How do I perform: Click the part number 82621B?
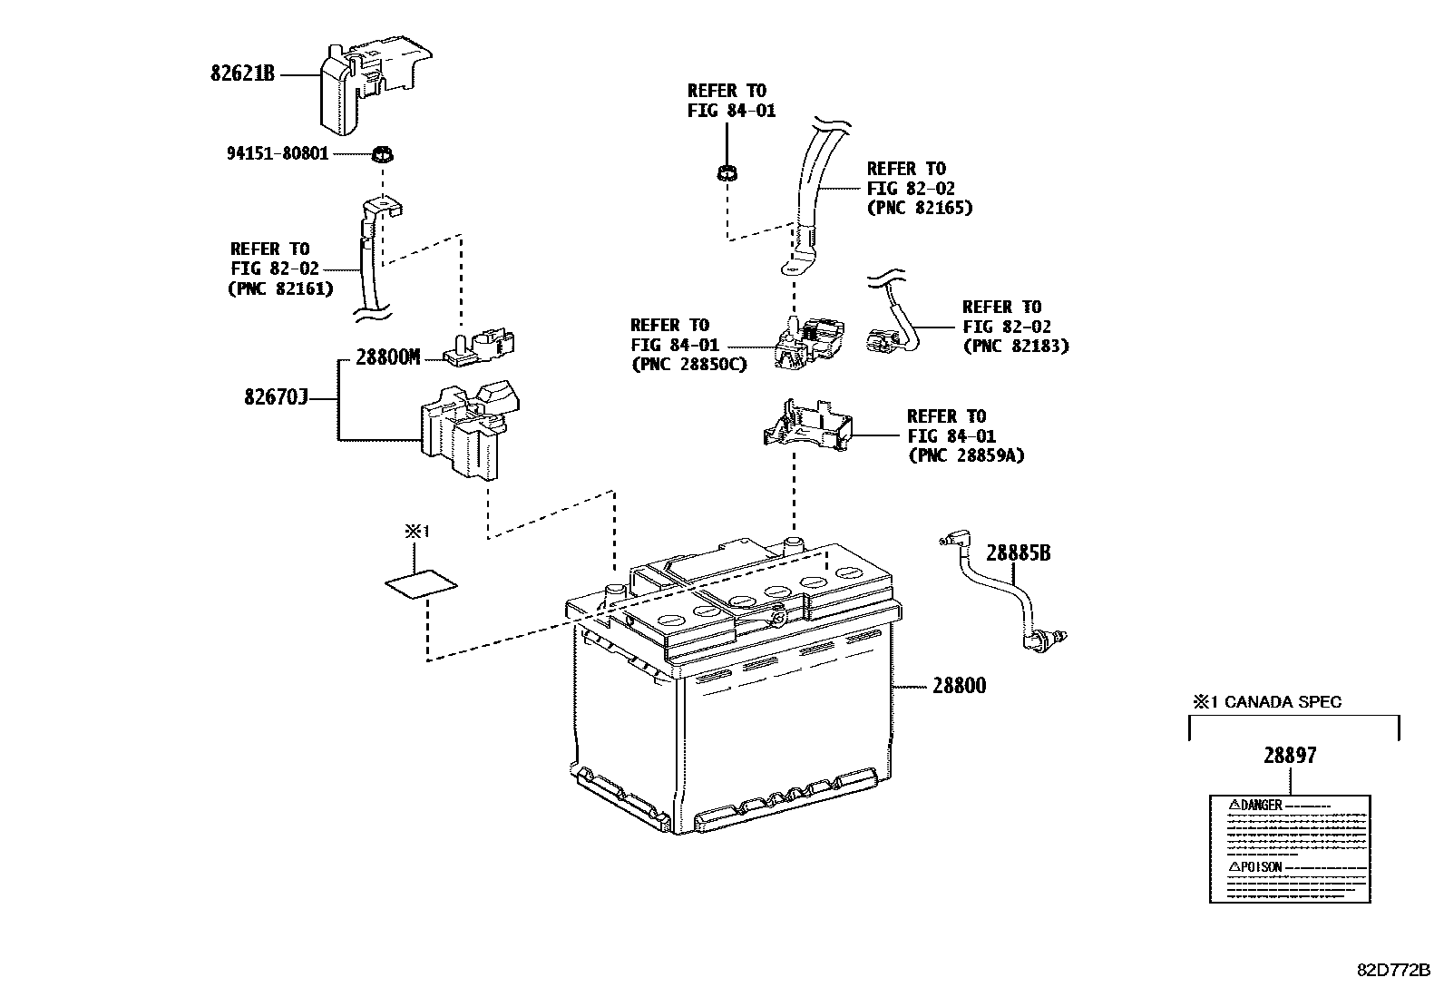click(x=242, y=73)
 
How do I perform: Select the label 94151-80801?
click(x=278, y=154)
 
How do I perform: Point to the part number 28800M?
click(x=387, y=357)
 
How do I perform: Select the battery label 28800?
click(x=959, y=687)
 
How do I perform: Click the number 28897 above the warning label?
click(x=1290, y=756)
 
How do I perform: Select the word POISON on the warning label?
click(x=1261, y=867)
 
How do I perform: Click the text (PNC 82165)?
click(x=919, y=208)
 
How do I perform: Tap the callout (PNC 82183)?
click(x=1015, y=346)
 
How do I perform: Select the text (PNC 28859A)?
click(x=965, y=455)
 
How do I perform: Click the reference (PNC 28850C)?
click(x=688, y=365)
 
